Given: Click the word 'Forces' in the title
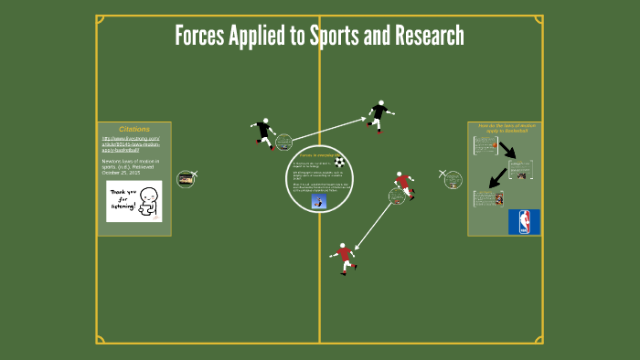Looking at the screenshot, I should click(x=203, y=37).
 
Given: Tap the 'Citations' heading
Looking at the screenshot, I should click(x=133, y=129).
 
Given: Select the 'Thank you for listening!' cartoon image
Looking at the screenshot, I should click(x=133, y=201).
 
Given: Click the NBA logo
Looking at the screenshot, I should click(x=524, y=222).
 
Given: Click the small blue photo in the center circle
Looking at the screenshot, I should click(x=319, y=201).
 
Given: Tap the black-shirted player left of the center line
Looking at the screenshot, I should click(x=264, y=133).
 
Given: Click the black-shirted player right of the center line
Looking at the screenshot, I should click(x=379, y=115).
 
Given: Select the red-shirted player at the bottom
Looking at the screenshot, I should click(x=345, y=258).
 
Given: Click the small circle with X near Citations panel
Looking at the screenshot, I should click(x=187, y=179).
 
